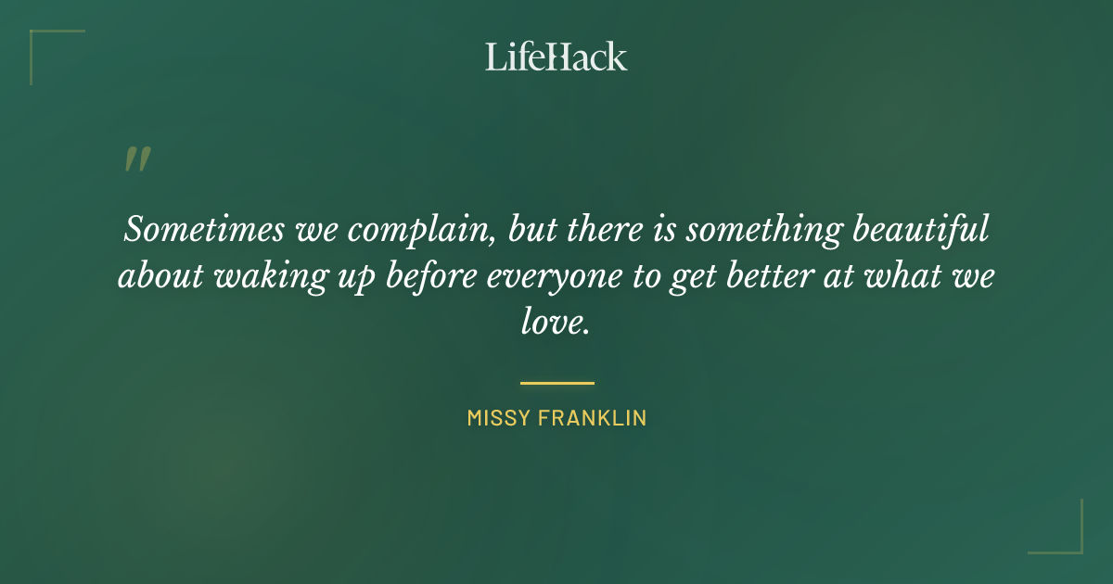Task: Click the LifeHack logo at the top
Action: (x=556, y=57)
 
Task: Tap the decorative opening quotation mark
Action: (x=136, y=160)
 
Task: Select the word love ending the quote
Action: (x=554, y=324)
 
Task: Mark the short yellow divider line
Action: (x=556, y=382)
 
